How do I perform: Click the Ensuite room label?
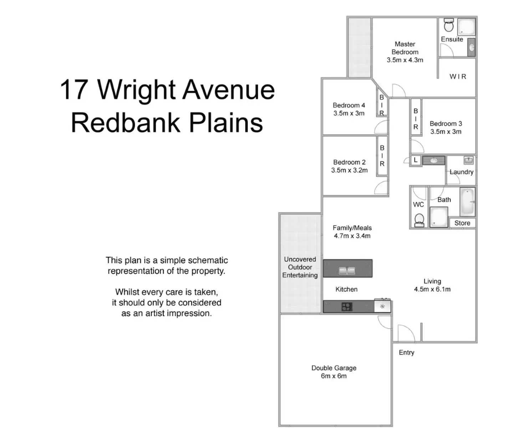click(x=452, y=39)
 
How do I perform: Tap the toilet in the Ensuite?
click(x=449, y=25)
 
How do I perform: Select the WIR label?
click(x=458, y=77)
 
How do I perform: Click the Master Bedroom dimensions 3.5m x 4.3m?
click(x=405, y=60)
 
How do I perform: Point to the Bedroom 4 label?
click(x=349, y=105)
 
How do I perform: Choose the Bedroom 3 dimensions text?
click(x=446, y=132)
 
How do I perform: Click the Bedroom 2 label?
click(x=349, y=162)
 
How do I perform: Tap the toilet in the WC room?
click(x=419, y=220)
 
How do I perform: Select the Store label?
click(x=462, y=223)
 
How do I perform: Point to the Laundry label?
click(x=462, y=172)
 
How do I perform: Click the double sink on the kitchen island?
click(x=347, y=271)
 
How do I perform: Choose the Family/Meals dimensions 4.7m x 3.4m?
click(x=352, y=236)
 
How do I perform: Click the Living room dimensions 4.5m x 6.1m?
click(x=432, y=289)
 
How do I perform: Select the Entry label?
click(x=407, y=353)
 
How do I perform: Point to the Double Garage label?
click(x=334, y=368)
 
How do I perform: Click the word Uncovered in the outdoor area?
click(x=300, y=259)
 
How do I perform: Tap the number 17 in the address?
click(x=74, y=89)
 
